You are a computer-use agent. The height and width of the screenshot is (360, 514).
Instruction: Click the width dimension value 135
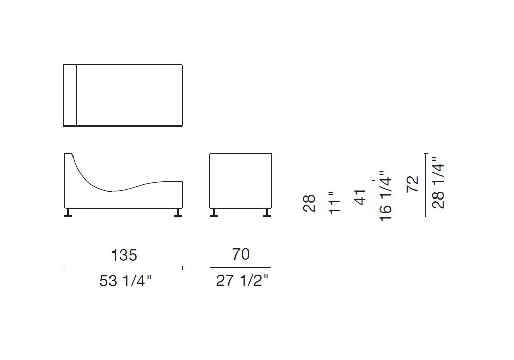tap(124, 255)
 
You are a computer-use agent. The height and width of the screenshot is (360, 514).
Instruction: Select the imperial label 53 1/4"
tap(125, 281)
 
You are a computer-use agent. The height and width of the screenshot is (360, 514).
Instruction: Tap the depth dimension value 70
tap(241, 254)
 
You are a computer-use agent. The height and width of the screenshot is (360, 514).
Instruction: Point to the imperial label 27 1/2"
tap(242, 281)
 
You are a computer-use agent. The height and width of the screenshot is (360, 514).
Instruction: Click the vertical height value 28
tap(309, 203)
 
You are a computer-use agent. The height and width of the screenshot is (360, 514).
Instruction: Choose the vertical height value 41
tap(361, 197)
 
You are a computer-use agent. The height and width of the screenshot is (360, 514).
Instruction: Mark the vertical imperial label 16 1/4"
tap(386, 196)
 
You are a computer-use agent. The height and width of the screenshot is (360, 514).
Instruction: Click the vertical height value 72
tap(412, 184)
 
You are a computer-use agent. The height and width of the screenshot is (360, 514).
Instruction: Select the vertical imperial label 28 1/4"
tap(438, 183)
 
